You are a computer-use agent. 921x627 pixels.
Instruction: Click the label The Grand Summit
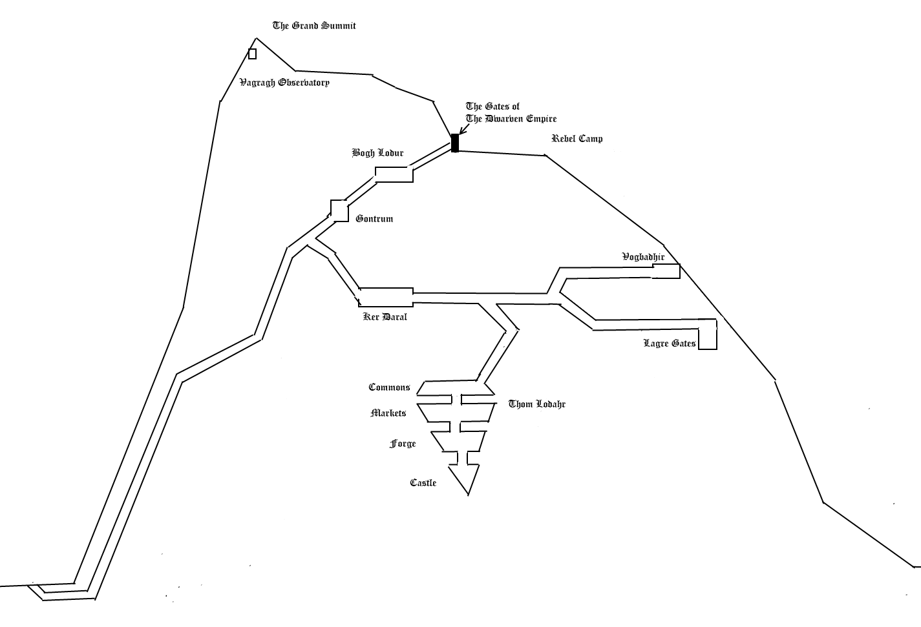(x=314, y=26)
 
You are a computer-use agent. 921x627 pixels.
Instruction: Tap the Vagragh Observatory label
(x=284, y=83)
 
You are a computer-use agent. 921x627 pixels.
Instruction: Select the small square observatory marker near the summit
(x=253, y=54)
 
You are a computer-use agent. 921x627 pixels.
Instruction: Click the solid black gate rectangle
(x=455, y=143)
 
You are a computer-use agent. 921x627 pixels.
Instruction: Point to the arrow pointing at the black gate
(x=464, y=129)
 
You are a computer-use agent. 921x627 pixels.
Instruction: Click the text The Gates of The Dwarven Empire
(x=511, y=112)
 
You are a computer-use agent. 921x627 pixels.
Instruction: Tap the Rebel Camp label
(x=577, y=138)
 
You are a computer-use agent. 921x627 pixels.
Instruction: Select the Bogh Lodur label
(x=377, y=153)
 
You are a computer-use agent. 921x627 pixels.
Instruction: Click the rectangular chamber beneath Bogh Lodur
(x=394, y=174)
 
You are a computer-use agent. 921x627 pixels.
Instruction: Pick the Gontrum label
(x=374, y=219)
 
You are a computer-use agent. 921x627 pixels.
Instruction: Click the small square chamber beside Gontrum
(x=339, y=211)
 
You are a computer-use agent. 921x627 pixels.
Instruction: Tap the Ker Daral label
(x=385, y=317)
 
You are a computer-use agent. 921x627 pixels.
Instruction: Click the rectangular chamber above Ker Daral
(x=386, y=297)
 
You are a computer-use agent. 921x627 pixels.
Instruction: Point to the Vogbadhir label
(x=643, y=257)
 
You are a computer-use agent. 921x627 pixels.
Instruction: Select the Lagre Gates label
(x=670, y=343)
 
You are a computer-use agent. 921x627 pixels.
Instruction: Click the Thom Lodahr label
(x=537, y=404)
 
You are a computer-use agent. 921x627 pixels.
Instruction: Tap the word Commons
(x=389, y=387)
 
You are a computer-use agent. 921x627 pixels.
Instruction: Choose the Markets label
(x=388, y=413)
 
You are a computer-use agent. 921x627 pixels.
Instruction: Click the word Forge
(x=403, y=444)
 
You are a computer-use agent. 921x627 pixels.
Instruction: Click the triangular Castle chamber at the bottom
(x=464, y=478)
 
